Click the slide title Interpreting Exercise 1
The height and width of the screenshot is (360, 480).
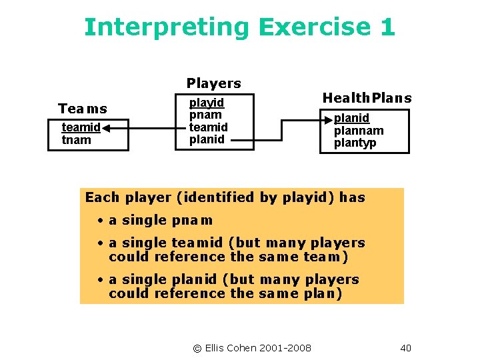239,27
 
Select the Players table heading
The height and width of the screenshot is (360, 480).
213,83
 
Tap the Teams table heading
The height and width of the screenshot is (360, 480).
83,109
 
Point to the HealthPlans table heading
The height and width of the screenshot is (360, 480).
367,98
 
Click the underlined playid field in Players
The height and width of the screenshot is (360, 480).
207,103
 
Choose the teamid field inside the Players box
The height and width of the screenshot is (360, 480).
208,127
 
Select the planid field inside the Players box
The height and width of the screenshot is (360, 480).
207,139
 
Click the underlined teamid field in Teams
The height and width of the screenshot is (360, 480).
81,127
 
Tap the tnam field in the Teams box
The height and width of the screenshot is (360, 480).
76,139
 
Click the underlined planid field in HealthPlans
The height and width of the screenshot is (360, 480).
351,119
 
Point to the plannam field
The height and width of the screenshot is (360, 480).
359,131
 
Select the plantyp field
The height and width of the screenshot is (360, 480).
355,143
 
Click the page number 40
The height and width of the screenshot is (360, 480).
406,348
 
